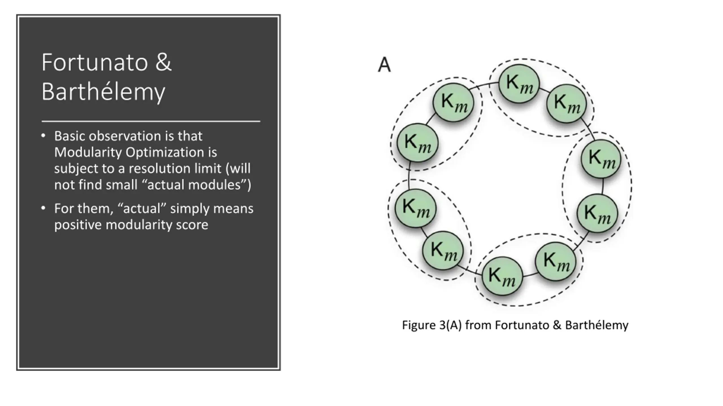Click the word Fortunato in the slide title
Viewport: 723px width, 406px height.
click(95, 62)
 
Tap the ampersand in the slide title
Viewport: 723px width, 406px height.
click(163, 62)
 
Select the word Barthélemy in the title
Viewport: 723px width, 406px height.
click(103, 92)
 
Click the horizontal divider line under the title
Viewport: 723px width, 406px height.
click(151, 122)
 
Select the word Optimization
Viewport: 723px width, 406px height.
click(165, 153)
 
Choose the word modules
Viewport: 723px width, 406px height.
click(217, 185)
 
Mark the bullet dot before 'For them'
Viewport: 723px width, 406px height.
click(43, 208)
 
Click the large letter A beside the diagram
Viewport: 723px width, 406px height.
click(384, 65)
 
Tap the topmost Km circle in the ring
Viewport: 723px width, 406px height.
click(519, 84)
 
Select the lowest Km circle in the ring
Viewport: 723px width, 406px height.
click(502, 276)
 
